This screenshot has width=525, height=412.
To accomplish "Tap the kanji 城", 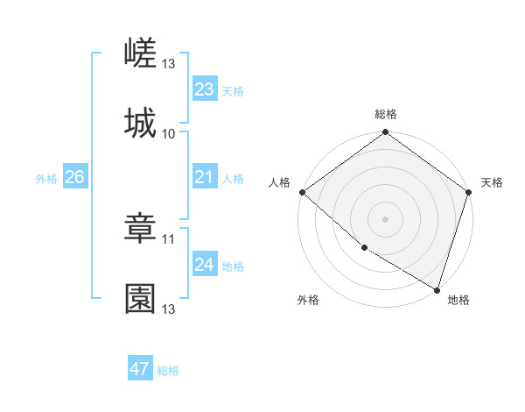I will [140, 123].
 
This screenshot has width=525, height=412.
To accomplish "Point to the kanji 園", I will [140, 298].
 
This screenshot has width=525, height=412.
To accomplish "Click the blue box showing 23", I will [204, 89].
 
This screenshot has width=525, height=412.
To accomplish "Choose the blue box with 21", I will [204, 178].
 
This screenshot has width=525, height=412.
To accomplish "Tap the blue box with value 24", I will [204, 266].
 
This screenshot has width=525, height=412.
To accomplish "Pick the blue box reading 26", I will [74, 178].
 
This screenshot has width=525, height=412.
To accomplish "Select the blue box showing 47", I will [139, 369].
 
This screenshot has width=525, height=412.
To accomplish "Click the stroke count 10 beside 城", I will [169, 134].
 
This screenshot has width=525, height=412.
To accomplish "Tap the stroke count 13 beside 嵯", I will [169, 64].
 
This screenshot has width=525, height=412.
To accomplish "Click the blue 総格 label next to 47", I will [168, 371].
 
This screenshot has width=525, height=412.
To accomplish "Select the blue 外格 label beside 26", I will [46, 179].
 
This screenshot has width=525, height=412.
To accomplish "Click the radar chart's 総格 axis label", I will [385, 115].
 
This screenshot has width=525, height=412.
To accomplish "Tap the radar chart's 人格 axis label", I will [279, 182].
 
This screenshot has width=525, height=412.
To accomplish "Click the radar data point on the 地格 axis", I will [437, 289].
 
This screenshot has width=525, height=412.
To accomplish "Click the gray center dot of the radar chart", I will [385, 219].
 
